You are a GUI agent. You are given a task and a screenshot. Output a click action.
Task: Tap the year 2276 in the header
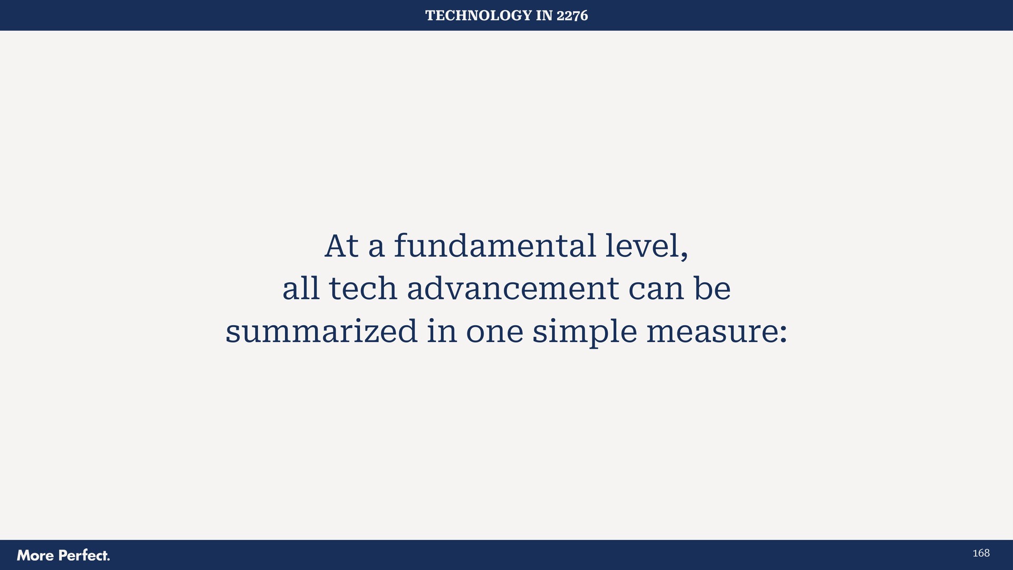click(572, 16)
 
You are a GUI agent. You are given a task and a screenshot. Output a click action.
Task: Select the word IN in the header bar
click(543, 16)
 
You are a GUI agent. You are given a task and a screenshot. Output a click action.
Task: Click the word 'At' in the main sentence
click(341, 246)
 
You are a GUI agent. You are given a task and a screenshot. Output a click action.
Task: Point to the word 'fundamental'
click(494, 246)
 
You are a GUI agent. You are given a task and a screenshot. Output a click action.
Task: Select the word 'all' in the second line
click(301, 289)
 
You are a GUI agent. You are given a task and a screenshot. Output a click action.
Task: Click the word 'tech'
click(362, 289)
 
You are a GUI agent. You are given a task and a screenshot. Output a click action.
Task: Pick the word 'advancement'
click(512, 289)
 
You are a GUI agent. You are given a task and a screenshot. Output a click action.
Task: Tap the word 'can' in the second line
click(656, 289)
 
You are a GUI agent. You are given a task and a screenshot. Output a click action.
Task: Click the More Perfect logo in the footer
click(63, 555)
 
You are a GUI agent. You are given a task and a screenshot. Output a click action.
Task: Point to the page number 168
click(981, 553)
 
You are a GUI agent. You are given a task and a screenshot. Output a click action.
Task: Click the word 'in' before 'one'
click(442, 331)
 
